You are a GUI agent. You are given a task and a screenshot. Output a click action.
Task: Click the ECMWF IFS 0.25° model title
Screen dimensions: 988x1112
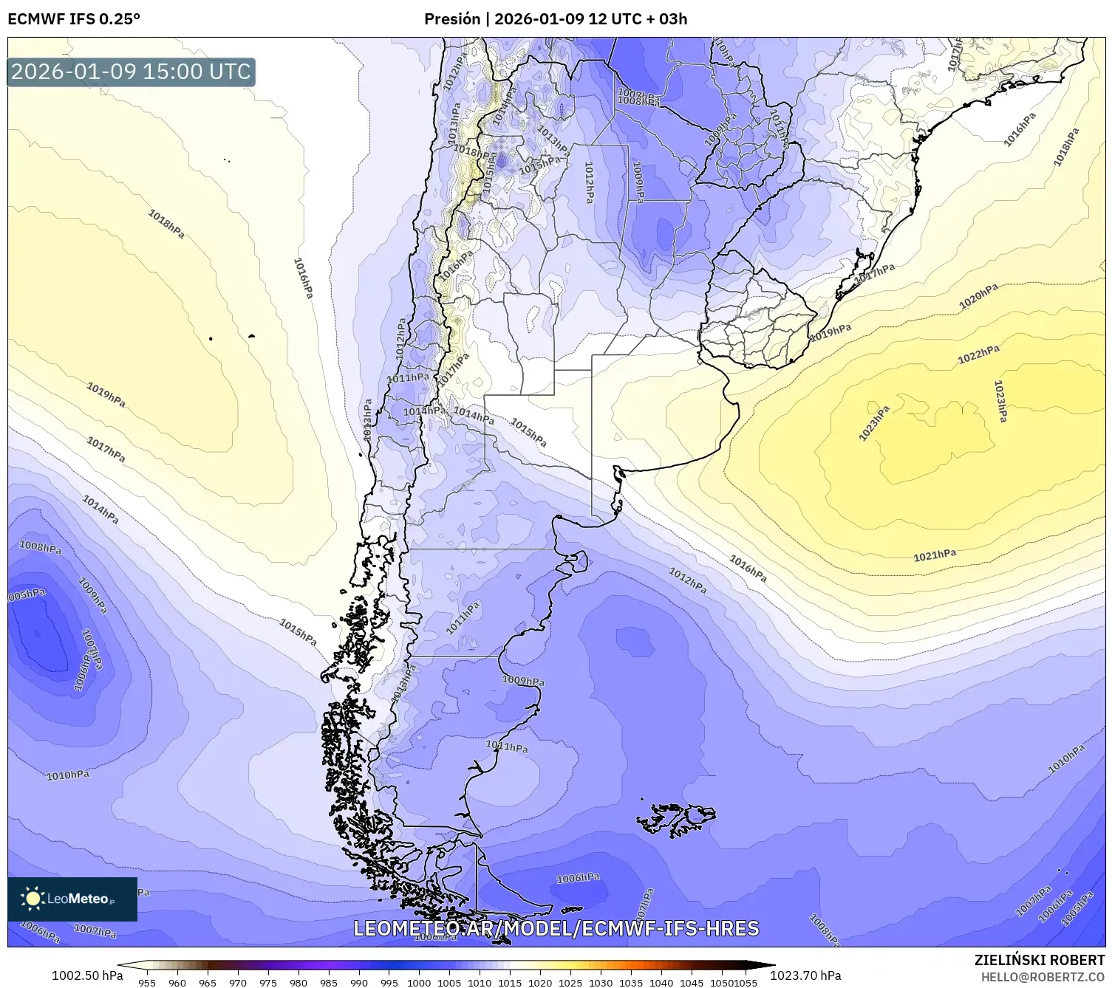pyautogui.click(x=74, y=18)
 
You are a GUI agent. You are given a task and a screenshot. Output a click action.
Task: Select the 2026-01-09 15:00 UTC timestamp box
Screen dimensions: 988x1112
pyautogui.click(x=132, y=72)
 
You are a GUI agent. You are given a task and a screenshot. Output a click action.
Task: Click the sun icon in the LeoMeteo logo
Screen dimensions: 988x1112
pyautogui.click(x=33, y=898)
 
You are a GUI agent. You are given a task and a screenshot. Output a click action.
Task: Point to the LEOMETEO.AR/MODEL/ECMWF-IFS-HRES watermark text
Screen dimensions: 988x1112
pyautogui.click(x=556, y=928)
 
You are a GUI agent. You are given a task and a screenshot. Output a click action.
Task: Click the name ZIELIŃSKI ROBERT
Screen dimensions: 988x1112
pyautogui.click(x=1040, y=960)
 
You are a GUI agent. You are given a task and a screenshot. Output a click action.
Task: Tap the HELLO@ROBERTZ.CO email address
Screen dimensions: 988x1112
pyautogui.click(x=1043, y=976)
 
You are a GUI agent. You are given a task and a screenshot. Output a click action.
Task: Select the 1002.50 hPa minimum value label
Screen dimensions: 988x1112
pyautogui.click(x=87, y=975)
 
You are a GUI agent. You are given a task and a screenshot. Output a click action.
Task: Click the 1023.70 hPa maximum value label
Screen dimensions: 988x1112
pyautogui.click(x=805, y=975)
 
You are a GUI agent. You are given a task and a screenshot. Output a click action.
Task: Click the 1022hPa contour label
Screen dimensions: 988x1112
pyautogui.click(x=978, y=355)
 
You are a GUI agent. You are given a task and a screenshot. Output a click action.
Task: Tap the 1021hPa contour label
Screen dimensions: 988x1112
pyautogui.click(x=935, y=555)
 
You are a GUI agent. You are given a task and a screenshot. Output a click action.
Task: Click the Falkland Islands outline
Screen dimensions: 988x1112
pyautogui.click(x=676, y=819)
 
